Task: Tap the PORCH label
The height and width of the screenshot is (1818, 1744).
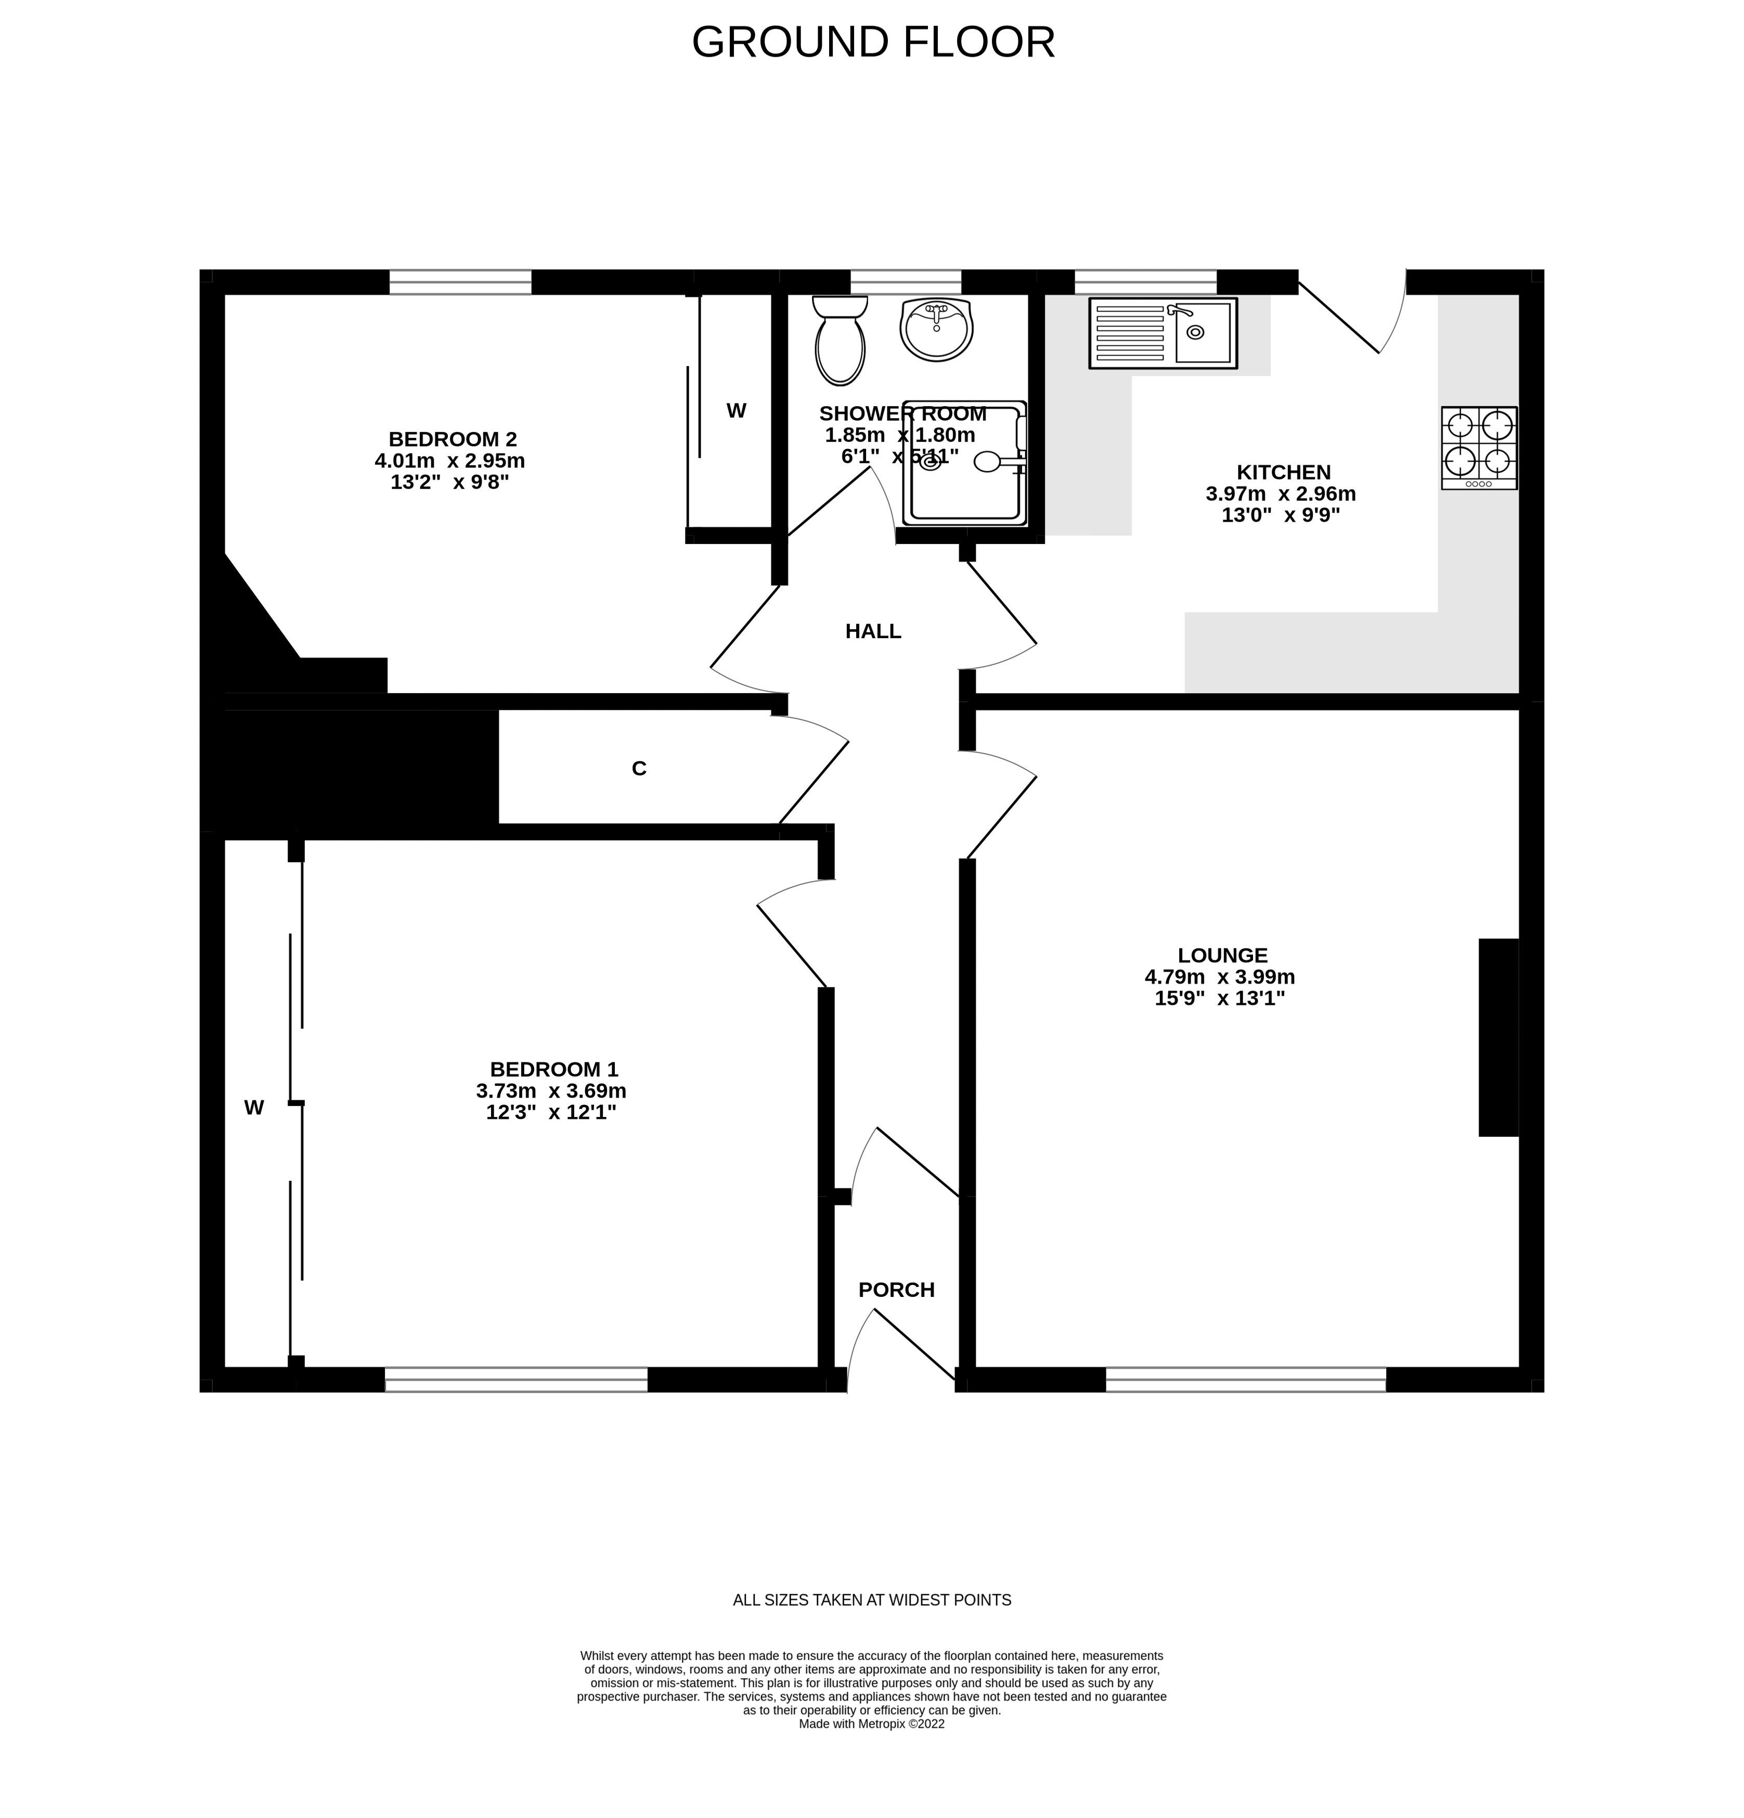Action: (x=895, y=1289)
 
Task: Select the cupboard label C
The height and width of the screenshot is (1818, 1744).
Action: (x=638, y=768)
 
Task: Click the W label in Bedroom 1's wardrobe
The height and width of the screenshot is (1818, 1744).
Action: (x=253, y=1107)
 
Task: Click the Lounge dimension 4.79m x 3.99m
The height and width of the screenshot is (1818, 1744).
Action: (x=1219, y=977)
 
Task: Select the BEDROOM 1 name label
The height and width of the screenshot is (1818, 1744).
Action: (x=553, y=1070)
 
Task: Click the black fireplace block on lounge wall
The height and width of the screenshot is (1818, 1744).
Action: (x=1497, y=1037)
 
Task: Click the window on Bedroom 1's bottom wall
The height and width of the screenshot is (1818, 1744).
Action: (x=516, y=1379)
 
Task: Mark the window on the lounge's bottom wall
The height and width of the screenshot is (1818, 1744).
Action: (x=1245, y=1379)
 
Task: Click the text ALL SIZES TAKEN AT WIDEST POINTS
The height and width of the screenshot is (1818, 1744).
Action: (x=871, y=1600)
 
